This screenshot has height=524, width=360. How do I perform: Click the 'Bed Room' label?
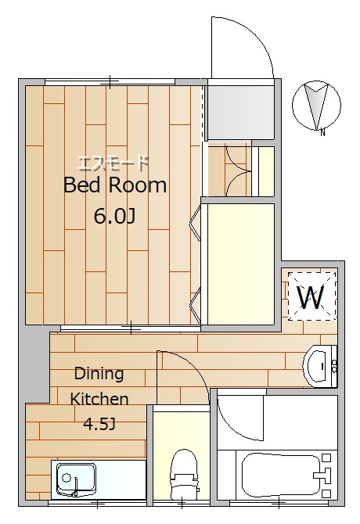coord(114,185)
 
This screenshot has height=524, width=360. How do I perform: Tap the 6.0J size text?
coord(114,216)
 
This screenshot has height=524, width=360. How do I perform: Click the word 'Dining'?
coord(99,374)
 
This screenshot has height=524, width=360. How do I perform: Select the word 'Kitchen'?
coord(99,399)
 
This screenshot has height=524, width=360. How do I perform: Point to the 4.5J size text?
coord(99,424)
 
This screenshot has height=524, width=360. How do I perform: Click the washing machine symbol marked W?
coord(311,296)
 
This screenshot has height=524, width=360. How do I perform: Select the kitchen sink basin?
coord(76,479)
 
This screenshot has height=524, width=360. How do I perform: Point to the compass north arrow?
coord(316,106)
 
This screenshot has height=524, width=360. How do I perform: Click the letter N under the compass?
coord(322,133)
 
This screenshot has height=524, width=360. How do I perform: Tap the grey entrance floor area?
coord(241,113)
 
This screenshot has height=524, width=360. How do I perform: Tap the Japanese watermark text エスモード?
coord(113,163)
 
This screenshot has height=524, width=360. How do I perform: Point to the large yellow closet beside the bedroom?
coord(241,264)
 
